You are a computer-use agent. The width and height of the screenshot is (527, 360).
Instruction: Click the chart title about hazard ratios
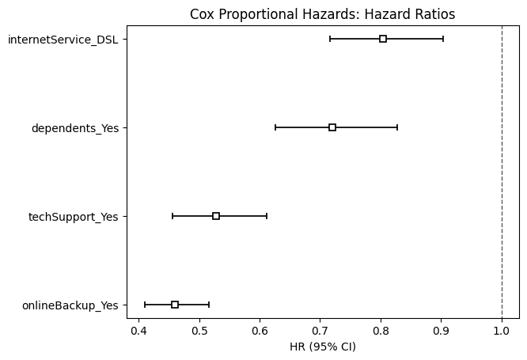[322, 14]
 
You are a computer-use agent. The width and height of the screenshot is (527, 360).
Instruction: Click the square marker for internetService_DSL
[383, 39]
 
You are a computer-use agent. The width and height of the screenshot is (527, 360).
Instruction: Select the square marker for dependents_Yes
[332, 127]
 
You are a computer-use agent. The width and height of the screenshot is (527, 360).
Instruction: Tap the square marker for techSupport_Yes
[216, 216]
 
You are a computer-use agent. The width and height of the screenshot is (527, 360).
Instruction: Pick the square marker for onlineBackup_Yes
[175, 305]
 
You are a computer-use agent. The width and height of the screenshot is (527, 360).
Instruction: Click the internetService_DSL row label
[63, 39]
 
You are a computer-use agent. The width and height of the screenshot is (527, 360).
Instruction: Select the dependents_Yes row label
[75, 127]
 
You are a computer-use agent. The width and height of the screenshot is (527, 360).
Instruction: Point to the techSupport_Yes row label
[73, 216]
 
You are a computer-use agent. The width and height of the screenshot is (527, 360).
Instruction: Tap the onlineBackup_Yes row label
[70, 305]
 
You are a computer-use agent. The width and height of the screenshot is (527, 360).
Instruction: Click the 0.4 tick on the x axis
[138, 330]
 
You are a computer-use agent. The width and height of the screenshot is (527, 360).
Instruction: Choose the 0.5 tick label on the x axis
[199, 330]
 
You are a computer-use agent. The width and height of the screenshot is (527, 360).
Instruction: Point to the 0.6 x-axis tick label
[260, 330]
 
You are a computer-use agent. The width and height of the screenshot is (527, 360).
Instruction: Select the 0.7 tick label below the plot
[320, 330]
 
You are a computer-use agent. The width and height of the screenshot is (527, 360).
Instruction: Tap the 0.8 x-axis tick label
[381, 330]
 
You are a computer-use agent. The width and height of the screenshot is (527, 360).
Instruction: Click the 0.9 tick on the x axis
[441, 330]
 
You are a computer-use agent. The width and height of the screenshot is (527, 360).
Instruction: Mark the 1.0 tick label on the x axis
[502, 330]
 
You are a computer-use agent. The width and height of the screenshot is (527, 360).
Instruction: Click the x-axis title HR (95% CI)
[322, 346]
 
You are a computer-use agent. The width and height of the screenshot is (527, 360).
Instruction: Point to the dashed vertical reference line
[502, 174]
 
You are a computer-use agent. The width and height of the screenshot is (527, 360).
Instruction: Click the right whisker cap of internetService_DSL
[443, 39]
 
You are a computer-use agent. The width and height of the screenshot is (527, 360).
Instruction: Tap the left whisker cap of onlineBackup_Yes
[145, 305]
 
